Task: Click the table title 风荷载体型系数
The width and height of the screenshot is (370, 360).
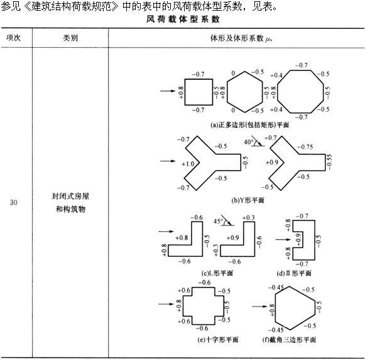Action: [x=183, y=19]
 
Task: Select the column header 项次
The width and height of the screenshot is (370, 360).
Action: [x=13, y=38]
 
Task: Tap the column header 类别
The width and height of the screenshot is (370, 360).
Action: [x=70, y=38]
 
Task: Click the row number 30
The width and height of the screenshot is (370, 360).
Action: [x=13, y=202]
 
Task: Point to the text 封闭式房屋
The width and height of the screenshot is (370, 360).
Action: [x=70, y=196]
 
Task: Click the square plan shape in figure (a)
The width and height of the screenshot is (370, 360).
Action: [x=185, y=92]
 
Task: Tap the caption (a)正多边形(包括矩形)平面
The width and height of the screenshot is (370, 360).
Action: [x=249, y=124]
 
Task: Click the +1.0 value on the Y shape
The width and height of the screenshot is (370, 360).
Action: [x=188, y=163]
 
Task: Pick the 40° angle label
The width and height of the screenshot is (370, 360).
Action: [x=248, y=142]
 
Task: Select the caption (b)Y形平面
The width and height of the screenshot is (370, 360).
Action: [x=248, y=200]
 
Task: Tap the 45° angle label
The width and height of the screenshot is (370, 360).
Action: [x=218, y=221]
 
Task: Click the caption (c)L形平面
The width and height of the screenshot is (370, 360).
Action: [x=217, y=273]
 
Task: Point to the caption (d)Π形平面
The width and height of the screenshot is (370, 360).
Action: [x=294, y=273]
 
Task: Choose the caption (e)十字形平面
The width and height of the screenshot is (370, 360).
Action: [x=218, y=339]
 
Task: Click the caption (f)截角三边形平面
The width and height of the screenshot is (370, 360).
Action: [x=289, y=339]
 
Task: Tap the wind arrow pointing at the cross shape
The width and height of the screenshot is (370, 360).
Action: [x=166, y=303]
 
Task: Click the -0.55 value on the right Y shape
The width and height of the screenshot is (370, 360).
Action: [x=329, y=162]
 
